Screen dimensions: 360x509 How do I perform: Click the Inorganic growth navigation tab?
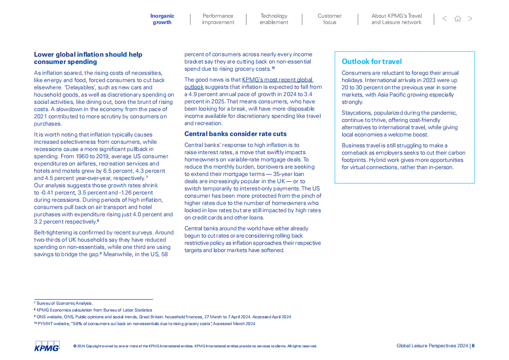pos(162,19)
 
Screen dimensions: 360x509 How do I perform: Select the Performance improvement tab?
pos(218,19)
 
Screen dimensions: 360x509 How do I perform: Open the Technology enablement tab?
pos(274,19)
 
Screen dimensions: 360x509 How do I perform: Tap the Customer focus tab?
pos(330,19)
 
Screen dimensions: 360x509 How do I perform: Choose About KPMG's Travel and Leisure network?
pos(397,19)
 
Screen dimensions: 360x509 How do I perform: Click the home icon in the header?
pos(458,19)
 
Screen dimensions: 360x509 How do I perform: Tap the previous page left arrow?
pos(445,19)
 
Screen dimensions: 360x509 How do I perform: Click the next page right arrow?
pos(470,19)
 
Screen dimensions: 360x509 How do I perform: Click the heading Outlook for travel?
pos(372,62)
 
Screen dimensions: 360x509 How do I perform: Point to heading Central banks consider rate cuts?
pos(235,134)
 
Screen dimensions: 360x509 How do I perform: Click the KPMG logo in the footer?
pos(47,346)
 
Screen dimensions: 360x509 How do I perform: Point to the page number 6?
pos(473,345)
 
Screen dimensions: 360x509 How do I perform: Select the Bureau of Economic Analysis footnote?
pos(64,303)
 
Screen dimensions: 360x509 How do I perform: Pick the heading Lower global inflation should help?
pos(88,54)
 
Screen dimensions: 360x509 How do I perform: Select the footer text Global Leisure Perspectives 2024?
pos(432,345)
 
